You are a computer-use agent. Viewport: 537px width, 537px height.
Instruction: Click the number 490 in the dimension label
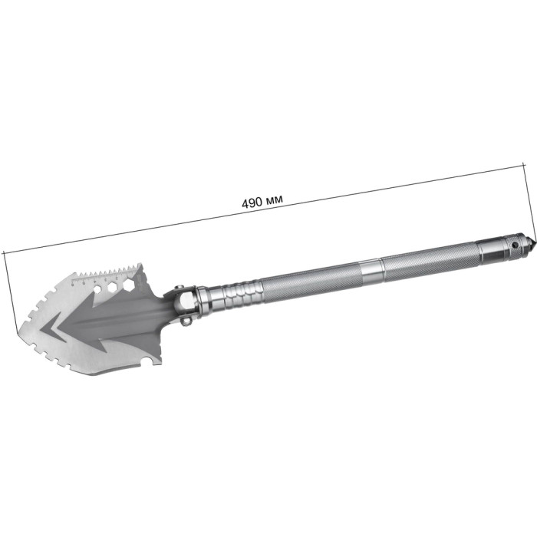pyautogui.click(x=252, y=203)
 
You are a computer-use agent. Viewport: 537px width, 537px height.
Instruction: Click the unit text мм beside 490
pyautogui.click(x=275, y=199)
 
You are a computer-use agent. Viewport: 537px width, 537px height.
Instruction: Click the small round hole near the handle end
pyautogui.click(x=514, y=245)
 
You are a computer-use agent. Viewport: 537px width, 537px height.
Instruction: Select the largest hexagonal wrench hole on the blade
pyautogui.click(x=128, y=284)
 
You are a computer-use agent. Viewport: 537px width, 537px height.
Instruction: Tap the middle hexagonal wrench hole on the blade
pyautogui.click(x=112, y=288)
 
